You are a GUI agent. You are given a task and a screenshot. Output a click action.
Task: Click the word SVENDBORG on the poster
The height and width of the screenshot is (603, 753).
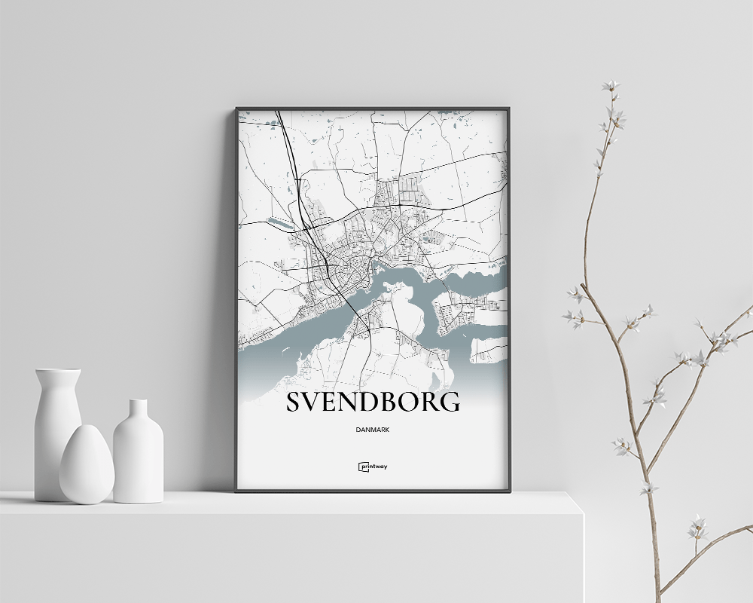click(373, 402)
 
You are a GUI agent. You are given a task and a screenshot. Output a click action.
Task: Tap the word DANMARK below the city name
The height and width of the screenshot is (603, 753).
click(373, 430)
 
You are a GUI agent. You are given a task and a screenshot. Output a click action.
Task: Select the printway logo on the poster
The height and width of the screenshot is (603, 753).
click(373, 467)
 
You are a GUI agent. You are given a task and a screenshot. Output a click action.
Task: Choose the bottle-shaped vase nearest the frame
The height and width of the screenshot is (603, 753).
click(138, 452)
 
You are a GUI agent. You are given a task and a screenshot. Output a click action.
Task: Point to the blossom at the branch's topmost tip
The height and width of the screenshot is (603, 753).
click(610, 85)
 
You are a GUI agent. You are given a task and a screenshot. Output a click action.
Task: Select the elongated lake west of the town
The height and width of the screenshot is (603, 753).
click(279, 223)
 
